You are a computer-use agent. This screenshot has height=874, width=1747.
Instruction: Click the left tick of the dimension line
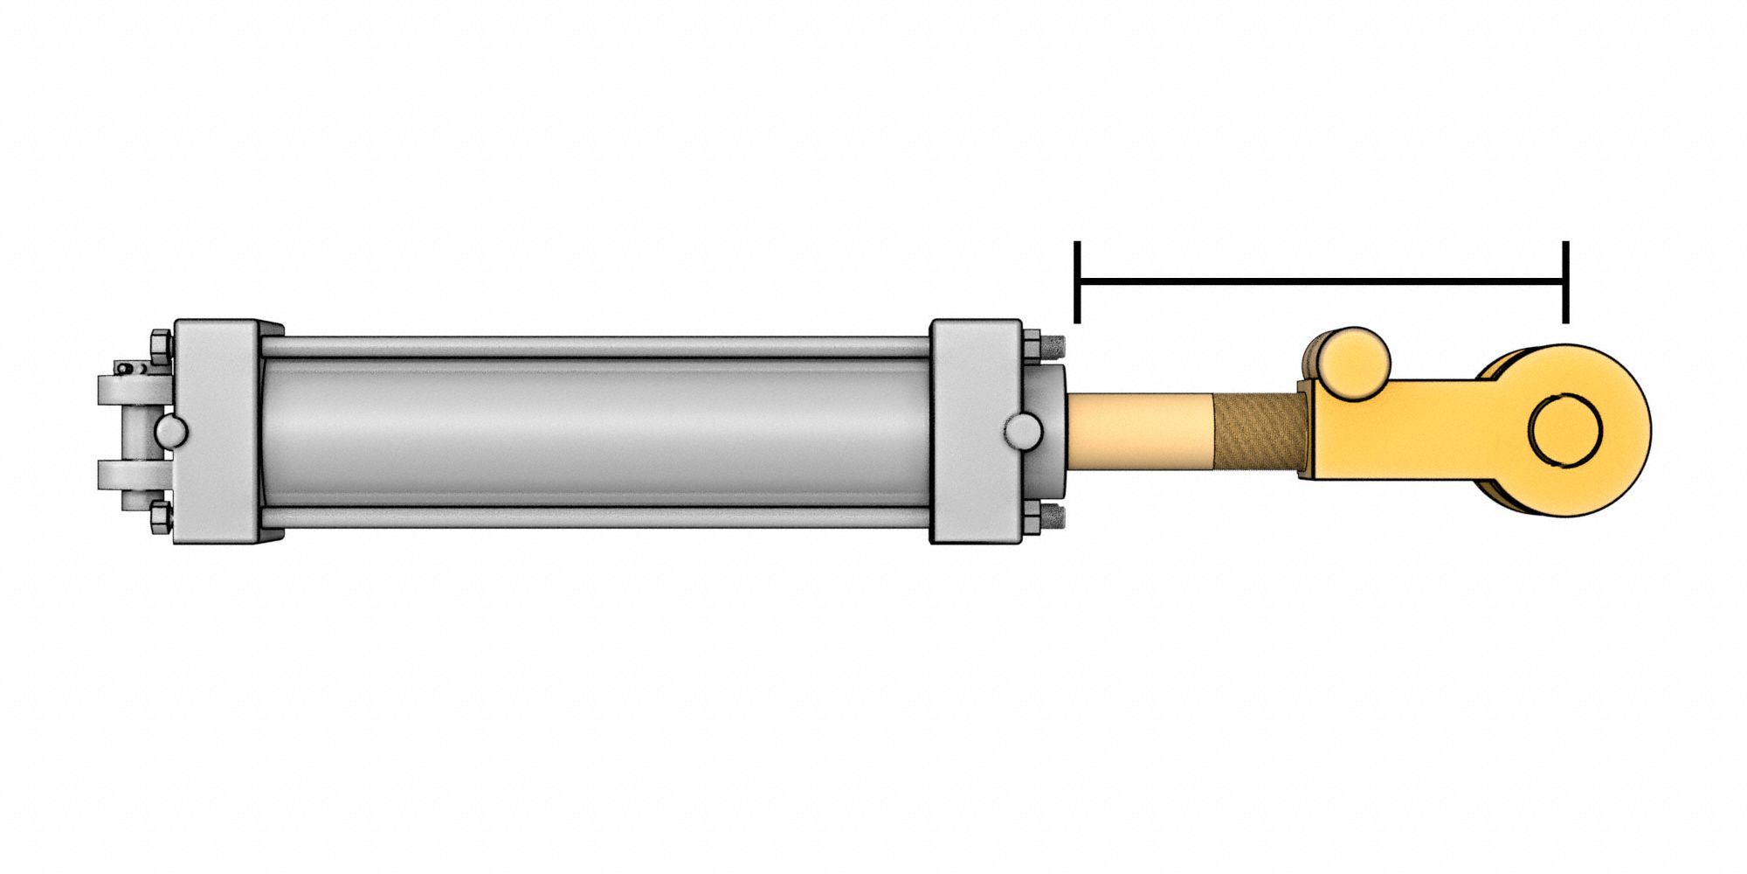(x=1079, y=281)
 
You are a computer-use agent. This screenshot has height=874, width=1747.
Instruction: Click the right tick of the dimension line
(x=1566, y=281)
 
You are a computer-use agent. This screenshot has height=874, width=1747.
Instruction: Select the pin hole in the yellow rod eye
(x=1566, y=430)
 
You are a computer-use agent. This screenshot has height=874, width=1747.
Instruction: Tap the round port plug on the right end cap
(x=1022, y=431)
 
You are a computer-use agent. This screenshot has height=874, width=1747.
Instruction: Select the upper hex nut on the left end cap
(x=161, y=348)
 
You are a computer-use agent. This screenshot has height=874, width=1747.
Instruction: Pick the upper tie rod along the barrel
(x=594, y=347)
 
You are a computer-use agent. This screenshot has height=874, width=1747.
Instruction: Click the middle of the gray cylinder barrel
(x=594, y=431)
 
